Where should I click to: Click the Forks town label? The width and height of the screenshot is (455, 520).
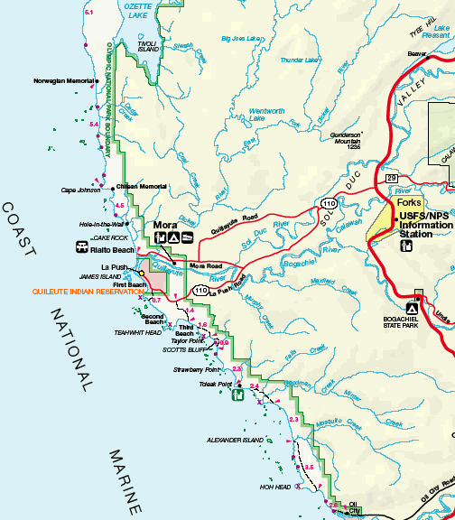(410, 203)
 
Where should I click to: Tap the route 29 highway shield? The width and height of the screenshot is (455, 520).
(392, 179)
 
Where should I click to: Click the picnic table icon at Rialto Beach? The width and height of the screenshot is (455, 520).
(82, 246)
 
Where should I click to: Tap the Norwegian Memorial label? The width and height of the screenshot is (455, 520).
(65, 80)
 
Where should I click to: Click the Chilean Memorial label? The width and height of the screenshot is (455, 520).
(142, 186)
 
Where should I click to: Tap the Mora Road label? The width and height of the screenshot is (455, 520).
(208, 266)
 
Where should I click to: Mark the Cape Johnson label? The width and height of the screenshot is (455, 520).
(80, 190)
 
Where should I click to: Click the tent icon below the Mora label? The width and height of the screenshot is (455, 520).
(172, 238)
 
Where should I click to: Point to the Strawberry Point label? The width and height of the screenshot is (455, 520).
(197, 369)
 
